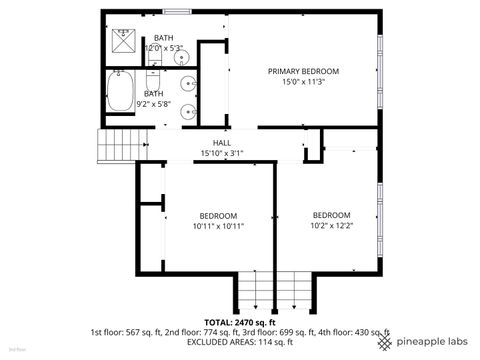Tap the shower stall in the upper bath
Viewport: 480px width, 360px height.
point(124,42)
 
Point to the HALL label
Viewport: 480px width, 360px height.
point(222,143)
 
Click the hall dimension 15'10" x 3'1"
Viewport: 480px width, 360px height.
point(222,153)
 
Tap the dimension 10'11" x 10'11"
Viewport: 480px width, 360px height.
point(217,226)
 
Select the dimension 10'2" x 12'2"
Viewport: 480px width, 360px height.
point(331,225)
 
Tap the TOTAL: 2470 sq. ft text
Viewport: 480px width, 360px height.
point(239,322)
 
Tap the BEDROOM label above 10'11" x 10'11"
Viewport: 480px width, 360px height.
point(217,216)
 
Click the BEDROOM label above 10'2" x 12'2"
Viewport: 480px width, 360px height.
point(331,215)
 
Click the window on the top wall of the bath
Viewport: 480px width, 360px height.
point(177,12)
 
